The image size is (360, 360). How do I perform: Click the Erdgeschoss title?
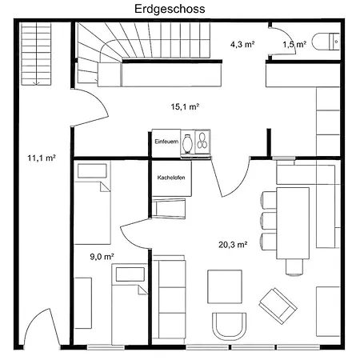coord(170,9)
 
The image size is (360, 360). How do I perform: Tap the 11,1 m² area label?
coord(42,158)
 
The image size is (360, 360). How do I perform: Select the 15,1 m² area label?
coord(185,106)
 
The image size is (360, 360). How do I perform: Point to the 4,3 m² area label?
coord(242,44)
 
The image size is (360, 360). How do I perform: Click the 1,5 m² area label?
coord(294,44)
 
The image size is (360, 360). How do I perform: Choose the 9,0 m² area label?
coord(102,257)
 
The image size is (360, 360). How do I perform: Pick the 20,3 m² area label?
coord(233,244)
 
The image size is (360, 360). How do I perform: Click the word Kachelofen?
coord(171,178)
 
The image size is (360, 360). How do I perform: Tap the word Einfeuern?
coord(166,142)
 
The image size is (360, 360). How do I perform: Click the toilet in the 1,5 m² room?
coord(326,42)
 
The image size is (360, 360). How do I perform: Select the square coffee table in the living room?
coord(225,286)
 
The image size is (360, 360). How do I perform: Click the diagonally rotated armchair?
coord(278,306)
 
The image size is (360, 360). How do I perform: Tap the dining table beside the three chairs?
coord(293,223)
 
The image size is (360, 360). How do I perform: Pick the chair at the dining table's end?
coord(294,267)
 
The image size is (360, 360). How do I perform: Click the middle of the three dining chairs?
coord(268,221)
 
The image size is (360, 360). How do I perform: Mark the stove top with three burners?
coord(202,142)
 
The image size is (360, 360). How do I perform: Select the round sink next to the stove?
coord(187,144)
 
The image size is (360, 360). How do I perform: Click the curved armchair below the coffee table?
coord(230,326)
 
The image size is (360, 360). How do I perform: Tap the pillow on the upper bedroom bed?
coord(92,171)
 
